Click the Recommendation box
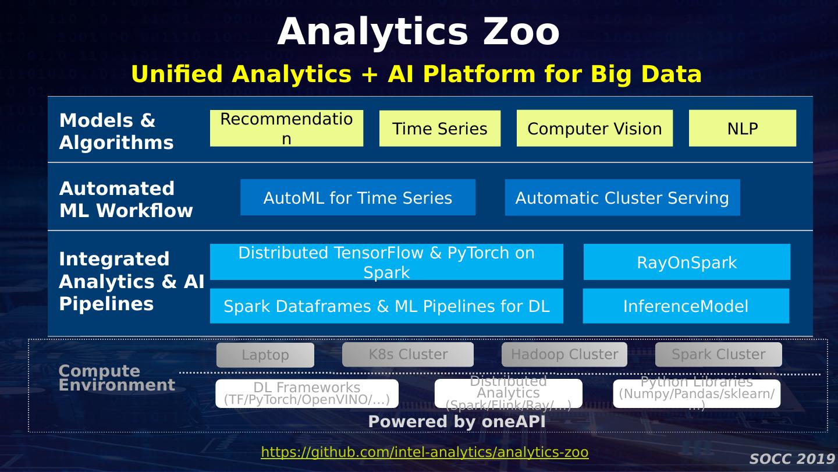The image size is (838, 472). coord(286,128)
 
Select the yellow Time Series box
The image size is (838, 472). coord(439,128)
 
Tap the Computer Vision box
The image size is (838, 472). coord(594,128)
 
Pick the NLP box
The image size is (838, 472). coord(742,128)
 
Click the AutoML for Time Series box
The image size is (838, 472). coord(357,197)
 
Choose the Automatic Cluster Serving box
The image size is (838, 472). coord(622,197)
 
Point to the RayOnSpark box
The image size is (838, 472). coord(687,262)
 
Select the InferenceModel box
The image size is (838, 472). coord(686,306)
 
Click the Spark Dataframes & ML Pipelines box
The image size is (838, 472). coord(386,306)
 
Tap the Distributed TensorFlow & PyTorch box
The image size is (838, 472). coord(386,262)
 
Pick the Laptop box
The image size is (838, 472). coord(265,355)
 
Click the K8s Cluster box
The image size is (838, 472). coord(408,354)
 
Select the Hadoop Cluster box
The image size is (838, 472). coord(564,354)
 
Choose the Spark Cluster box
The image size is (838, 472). coord(718,354)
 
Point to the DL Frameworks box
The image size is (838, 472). coord(307,393)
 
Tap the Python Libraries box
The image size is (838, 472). coord(697,393)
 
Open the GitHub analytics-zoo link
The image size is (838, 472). coord(424,452)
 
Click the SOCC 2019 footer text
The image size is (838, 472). coord(792,459)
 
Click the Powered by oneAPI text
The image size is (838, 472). coord(457,421)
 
